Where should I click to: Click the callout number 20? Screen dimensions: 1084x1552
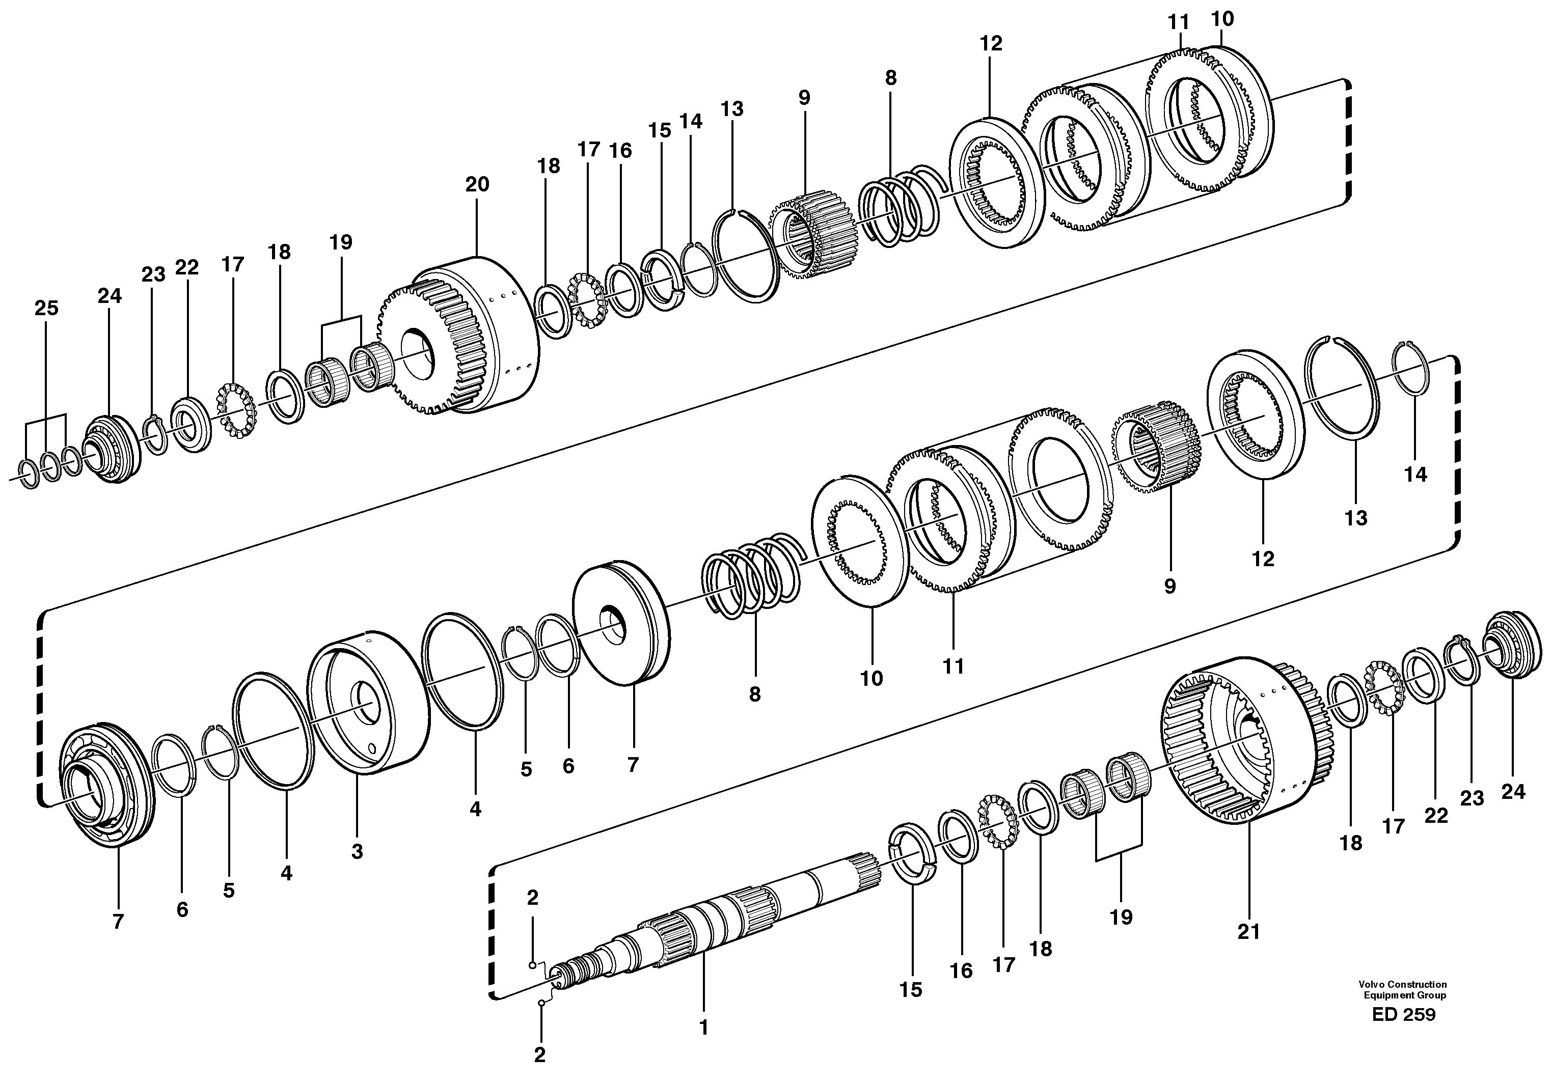point(477,184)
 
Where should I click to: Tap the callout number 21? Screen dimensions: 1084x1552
point(1248,932)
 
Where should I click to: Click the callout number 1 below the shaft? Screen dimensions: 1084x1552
point(704,1028)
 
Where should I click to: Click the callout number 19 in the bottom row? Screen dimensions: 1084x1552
point(1121,917)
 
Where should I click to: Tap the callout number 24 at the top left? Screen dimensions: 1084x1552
point(110,296)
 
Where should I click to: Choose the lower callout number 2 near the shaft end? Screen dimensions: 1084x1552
point(539,1055)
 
